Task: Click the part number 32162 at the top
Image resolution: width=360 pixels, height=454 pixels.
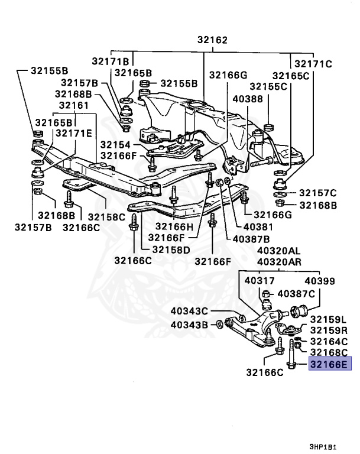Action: click(205, 41)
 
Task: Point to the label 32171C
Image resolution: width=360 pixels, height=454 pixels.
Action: click(313, 63)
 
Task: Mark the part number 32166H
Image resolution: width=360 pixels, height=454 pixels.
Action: click(174, 226)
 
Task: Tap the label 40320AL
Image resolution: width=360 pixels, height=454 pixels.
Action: click(278, 251)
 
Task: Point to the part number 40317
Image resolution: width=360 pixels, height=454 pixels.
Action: click(259, 281)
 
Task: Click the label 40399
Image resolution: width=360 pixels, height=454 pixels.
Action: click(319, 281)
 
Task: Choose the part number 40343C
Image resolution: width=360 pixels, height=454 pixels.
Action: click(190, 312)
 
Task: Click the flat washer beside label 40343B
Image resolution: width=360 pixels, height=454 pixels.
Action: click(220, 325)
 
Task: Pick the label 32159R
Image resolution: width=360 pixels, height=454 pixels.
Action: click(329, 330)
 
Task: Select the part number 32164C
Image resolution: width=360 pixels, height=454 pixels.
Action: click(329, 342)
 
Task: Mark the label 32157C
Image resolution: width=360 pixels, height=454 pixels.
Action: click(317, 193)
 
